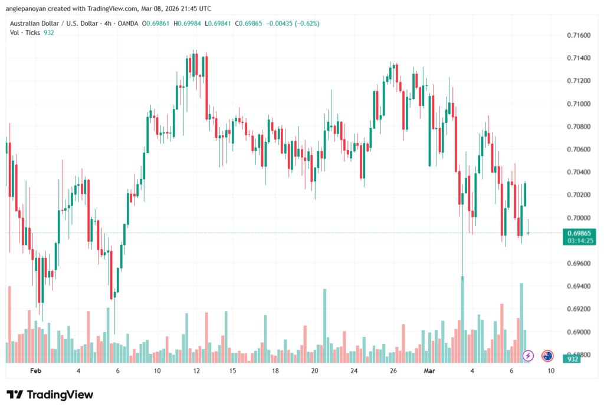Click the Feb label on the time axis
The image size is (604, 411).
[x=35, y=372]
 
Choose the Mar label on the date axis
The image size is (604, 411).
[x=429, y=372]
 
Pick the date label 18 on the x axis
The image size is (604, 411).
[x=275, y=372]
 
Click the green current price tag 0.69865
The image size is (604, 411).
[x=576, y=233]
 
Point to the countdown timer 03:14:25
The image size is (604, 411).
[x=576, y=240]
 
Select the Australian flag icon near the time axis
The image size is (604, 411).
[x=547, y=356]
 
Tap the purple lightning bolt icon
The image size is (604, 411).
[x=528, y=356]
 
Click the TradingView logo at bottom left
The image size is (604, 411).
[x=50, y=395]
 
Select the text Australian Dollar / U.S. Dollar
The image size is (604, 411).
[x=55, y=24]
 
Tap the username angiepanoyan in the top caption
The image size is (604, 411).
[x=29, y=8]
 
